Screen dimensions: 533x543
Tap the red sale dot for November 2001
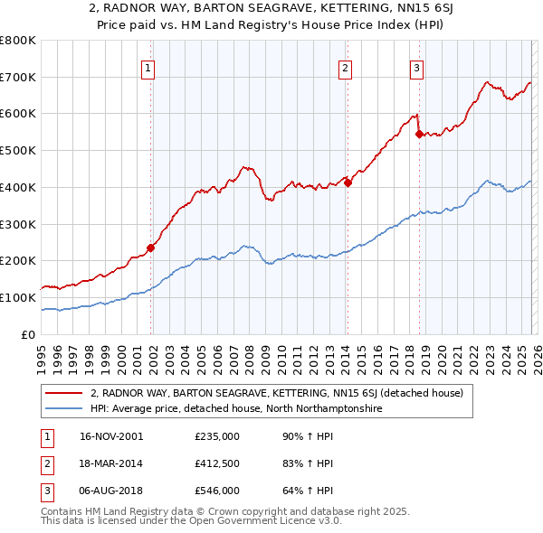[x=151, y=248]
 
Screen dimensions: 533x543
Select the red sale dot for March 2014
[x=348, y=182]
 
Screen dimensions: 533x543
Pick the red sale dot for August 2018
[x=419, y=134]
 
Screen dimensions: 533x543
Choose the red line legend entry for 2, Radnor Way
[x=277, y=393]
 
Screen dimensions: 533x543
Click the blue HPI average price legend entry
[x=236, y=409]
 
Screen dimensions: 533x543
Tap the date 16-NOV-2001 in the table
[x=111, y=436]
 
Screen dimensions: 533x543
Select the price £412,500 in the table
[x=217, y=463]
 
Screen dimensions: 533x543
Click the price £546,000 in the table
[x=217, y=491]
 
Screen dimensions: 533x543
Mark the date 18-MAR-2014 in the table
[x=111, y=463]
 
